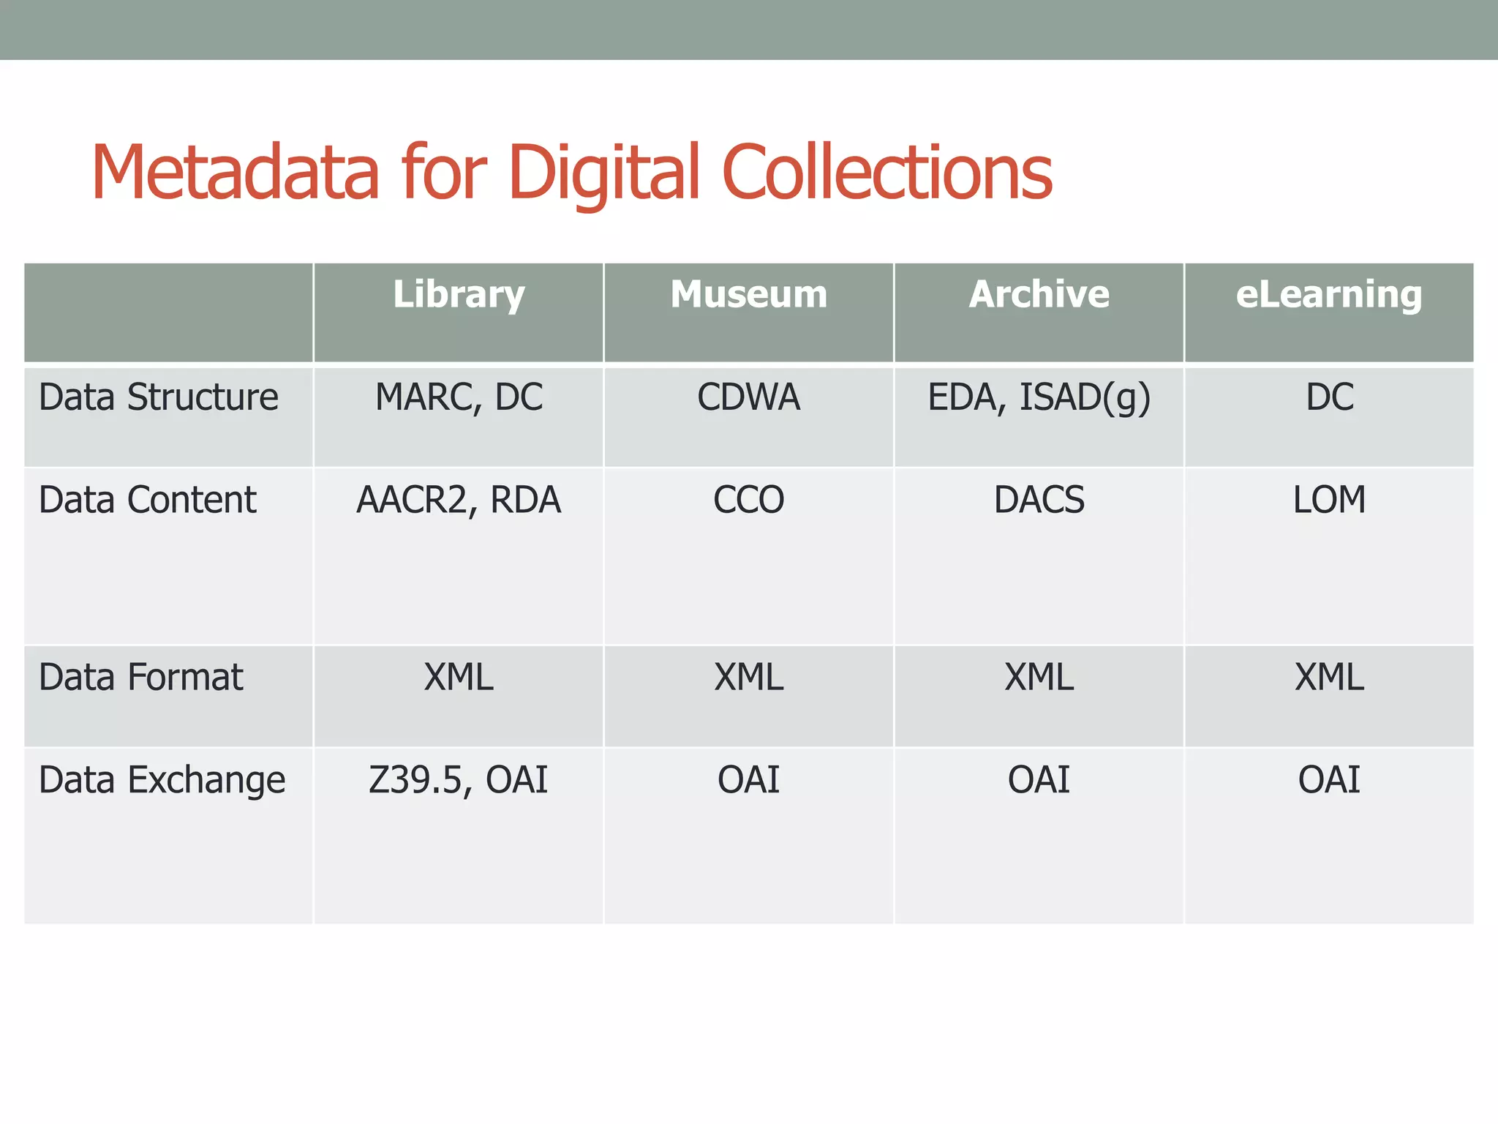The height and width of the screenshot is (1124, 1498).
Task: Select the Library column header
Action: click(459, 294)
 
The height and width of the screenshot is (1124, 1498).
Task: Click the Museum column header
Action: click(749, 294)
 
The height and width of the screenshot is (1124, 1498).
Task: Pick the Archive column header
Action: click(1039, 294)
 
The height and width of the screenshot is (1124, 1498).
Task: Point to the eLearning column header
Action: click(1329, 294)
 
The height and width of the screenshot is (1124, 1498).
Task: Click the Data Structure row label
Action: click(159, 397)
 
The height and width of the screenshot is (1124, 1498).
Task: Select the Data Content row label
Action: click(148, 500)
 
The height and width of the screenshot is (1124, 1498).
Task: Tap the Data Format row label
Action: click(141, 677)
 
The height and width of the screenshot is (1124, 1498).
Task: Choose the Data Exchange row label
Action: click(162, 780)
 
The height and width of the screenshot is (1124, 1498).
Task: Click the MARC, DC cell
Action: click(459, 397)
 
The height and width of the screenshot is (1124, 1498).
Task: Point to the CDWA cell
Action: click(749, 397)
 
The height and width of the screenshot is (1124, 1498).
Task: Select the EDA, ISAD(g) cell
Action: click(1039, 397)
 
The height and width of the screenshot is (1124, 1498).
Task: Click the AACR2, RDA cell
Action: click(459, 500)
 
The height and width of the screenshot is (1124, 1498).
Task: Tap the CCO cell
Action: click(749, 500)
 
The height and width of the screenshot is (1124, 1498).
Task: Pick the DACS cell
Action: click(1039, 500)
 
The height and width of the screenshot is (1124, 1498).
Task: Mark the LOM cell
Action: click(1329, 500)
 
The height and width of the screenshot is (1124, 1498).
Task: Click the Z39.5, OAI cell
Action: click(459, 780)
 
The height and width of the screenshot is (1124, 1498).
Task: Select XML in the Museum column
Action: click(749, 677)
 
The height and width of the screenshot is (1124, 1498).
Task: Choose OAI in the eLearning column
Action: click(1329, 780)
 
